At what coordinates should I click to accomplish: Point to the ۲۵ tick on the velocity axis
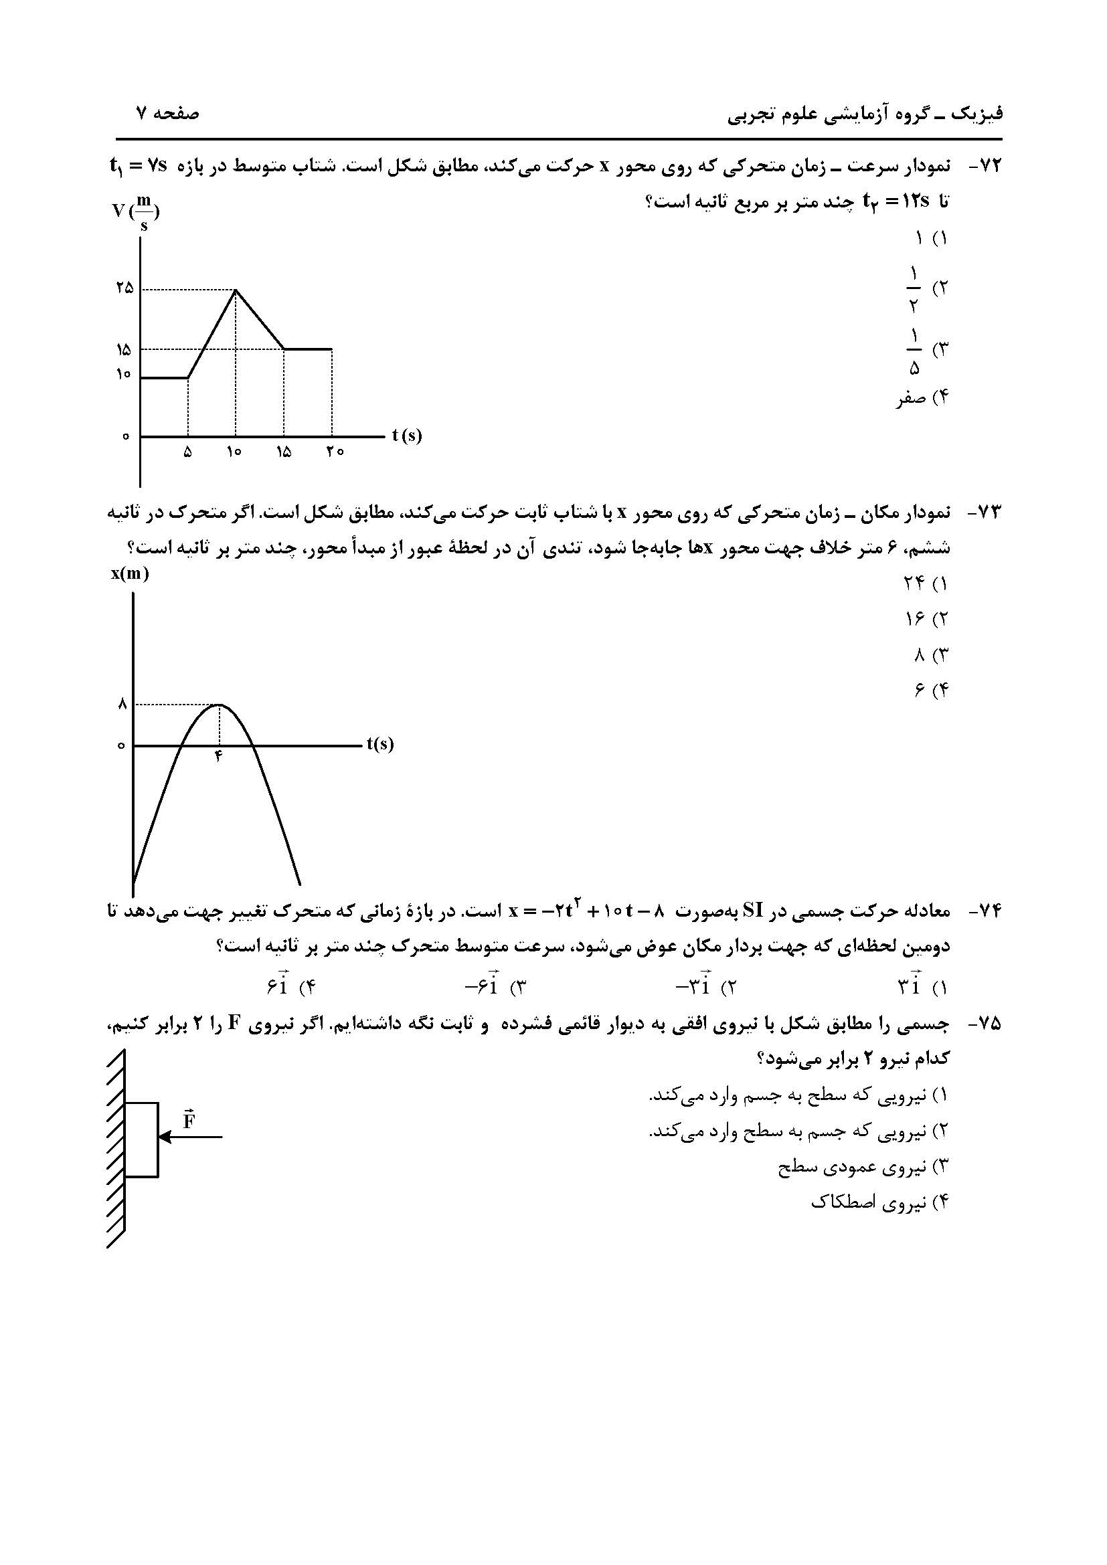124,288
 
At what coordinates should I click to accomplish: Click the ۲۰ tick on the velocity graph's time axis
334,452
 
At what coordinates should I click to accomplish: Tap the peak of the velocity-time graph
235,290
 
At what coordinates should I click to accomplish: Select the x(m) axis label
131,574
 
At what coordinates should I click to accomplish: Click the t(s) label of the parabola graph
379,743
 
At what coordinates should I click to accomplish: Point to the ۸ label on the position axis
122,705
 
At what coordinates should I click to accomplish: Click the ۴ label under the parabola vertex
218,756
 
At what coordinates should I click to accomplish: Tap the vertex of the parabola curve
218,705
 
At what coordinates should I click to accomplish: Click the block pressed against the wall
142,1139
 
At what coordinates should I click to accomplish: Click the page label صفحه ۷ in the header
167,113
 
